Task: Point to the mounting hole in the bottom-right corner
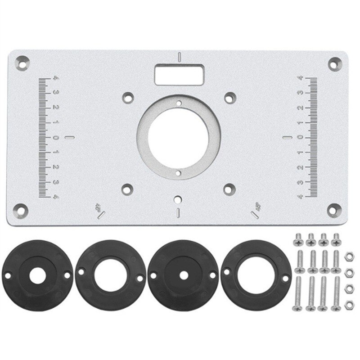[x=336, y=209]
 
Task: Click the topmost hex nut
[x=347, y=256]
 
